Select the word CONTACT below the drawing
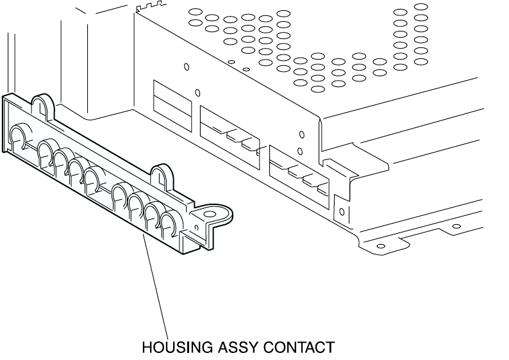[x=300, y=348]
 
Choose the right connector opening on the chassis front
[x=297, y=170]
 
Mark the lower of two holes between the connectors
[x=300, y=152]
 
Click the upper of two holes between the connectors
[x=301, y=135]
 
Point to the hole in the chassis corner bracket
[x=341, y=211]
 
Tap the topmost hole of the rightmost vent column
[x=421, y=7]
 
